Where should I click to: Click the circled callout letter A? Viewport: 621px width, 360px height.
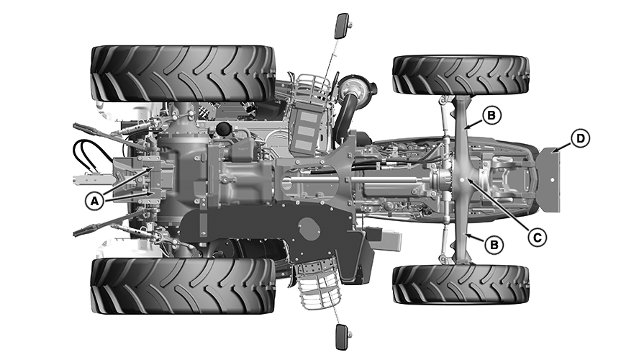(94, 201)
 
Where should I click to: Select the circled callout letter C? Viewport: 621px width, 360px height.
(537, 237)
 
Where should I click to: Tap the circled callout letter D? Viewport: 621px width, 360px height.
(580, 138)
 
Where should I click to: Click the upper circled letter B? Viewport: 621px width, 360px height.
(491, 115)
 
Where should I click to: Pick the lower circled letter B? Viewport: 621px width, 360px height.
(494, 245)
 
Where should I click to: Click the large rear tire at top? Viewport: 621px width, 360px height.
(183, 73)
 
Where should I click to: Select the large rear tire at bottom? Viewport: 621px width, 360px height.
(183, 287)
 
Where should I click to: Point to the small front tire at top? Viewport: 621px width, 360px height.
(461, 76)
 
